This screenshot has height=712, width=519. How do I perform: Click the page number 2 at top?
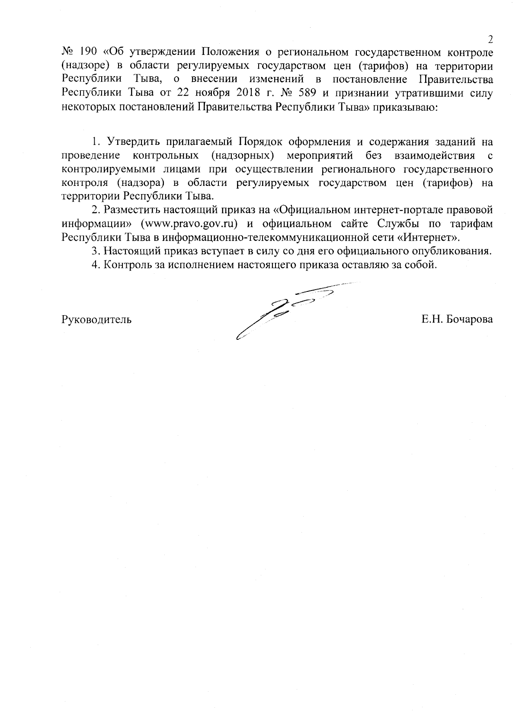tap(490, 40)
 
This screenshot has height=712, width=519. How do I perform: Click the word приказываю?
tap(409, 107)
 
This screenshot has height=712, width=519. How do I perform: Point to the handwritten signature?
tap(285, 311)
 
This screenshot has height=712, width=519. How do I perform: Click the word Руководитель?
tap(96, 320)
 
